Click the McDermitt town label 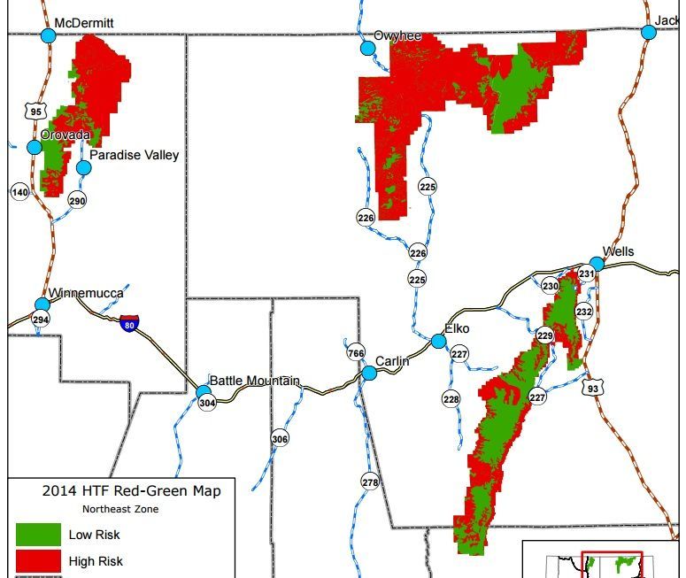(85, 22)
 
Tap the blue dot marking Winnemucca (42, 304)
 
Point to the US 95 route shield (35, 111)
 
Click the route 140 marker (19, 192)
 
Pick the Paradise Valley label (134, 155)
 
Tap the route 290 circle (78, 201)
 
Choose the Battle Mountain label (254, 381)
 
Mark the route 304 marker (207, 403)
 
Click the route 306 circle (280, 439)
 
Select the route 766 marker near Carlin (356, 351)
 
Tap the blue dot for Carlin (369, 374)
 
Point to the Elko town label (457, 328)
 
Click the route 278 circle (370, 482)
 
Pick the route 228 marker (451, 399)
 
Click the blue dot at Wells (597, 264)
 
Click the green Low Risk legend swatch (38, 534)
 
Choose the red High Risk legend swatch (38, 560)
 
